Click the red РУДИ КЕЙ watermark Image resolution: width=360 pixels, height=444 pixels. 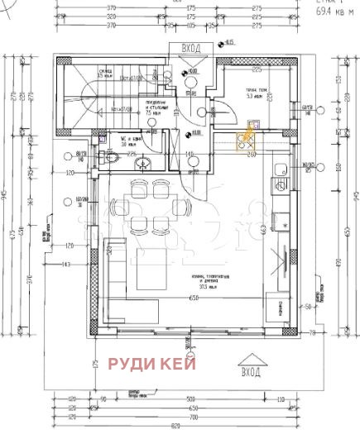click(x=151, y=364)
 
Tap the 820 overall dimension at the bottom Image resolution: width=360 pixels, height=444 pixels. click(x=176, y=424)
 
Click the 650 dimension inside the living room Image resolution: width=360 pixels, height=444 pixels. click(x=193, y=297)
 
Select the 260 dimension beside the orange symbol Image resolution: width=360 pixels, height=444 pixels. click(x=250, y=155)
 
